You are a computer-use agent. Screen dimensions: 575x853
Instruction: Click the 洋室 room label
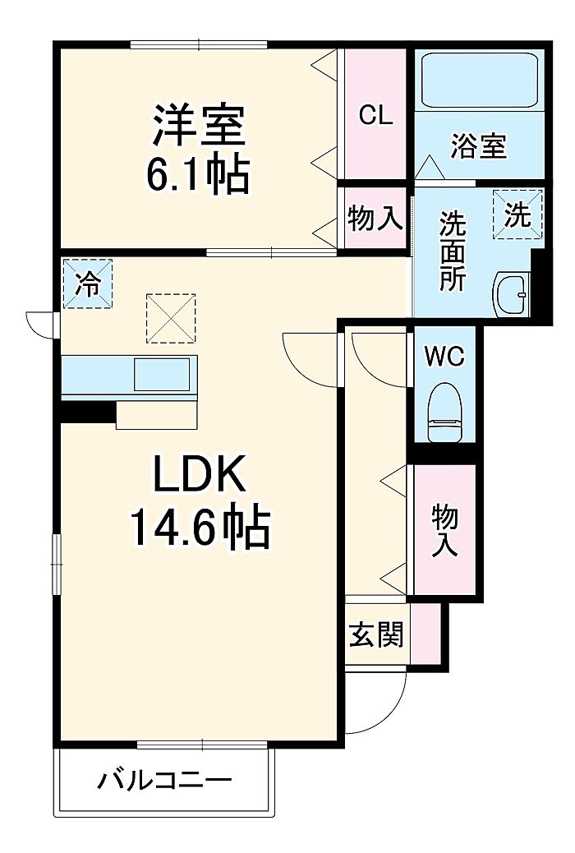[x=199, y=125]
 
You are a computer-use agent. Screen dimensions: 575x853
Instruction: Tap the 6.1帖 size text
[x=198, y=174]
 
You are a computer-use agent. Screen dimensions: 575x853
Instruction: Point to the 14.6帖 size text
[x=199, y=527]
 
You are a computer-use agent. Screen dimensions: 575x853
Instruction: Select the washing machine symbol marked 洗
[x=517, y=214]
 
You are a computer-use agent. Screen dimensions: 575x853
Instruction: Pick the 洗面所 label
[x=453, y=251]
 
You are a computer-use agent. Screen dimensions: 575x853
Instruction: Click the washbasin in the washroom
[x=511, y=294]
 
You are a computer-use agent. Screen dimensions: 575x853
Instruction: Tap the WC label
[x=445, y=357]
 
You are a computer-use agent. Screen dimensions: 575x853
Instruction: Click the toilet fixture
[x=444, y=413]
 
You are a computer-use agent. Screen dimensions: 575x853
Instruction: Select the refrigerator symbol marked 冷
[x=88, y=284]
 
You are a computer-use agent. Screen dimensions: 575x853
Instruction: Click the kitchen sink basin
[x=162, y=374]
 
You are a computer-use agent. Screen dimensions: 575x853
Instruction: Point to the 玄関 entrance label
[x=376, y=634]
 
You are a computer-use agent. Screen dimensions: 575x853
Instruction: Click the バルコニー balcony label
[x=165, y=782]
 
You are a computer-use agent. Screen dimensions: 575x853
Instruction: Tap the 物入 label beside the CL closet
[x=375, y=219]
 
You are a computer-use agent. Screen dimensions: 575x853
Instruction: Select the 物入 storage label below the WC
[x=445, y=530]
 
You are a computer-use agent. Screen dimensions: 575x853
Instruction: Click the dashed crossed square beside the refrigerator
[x=171, y=318]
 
